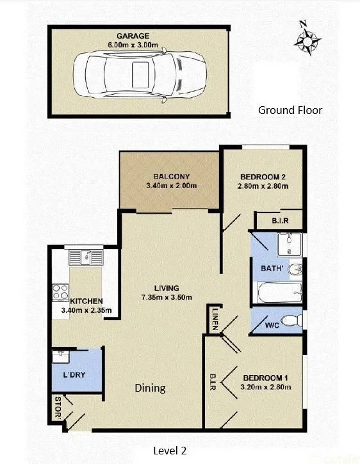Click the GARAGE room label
click(x=133, y=36)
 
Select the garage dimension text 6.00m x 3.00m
click(x=133, y=45)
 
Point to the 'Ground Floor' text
click(x=290, y=110)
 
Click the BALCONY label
click(x=171, y=177)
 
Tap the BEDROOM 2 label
click(x=263, y=177)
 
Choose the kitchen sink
click(x=86, y=257)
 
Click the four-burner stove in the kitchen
click(x=60, y=292)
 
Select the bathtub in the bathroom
click(x=280, y=292)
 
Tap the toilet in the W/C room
click(x=291, y=321)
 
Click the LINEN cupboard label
click(x=215, y=319)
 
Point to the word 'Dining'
click(x=151, y=388)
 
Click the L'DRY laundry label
click(x=74, y=374)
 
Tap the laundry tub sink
click(x=61, y=356)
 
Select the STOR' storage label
click(x=58, y=408)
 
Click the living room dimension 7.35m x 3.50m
click(x=167, y=297)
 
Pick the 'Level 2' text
click(x=170, y=451)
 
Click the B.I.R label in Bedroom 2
click(x=280, y=221)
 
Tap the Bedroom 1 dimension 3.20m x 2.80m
click(x=266, y=387)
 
